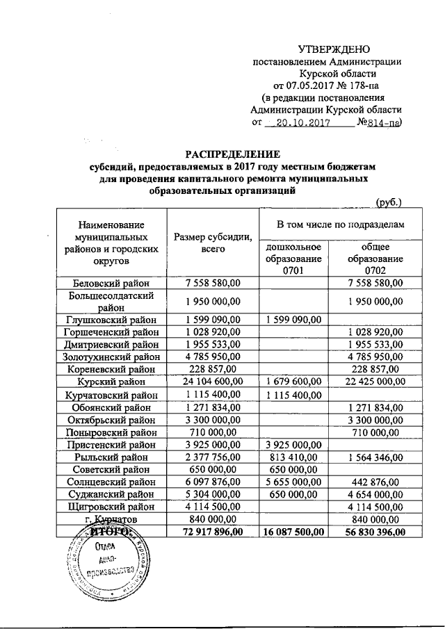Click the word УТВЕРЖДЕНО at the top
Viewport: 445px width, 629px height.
click(x=334, y=49)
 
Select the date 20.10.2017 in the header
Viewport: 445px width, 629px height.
click(x=305, y=124)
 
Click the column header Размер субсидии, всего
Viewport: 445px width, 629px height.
click(x=213, y=243)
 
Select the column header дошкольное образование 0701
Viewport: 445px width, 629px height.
click(x=293, y=259)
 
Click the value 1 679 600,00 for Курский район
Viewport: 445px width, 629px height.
click(x=293, y=382)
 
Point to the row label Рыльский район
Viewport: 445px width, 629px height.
click(x=111, y=457)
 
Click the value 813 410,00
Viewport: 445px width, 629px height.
click(x=293, y=457)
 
